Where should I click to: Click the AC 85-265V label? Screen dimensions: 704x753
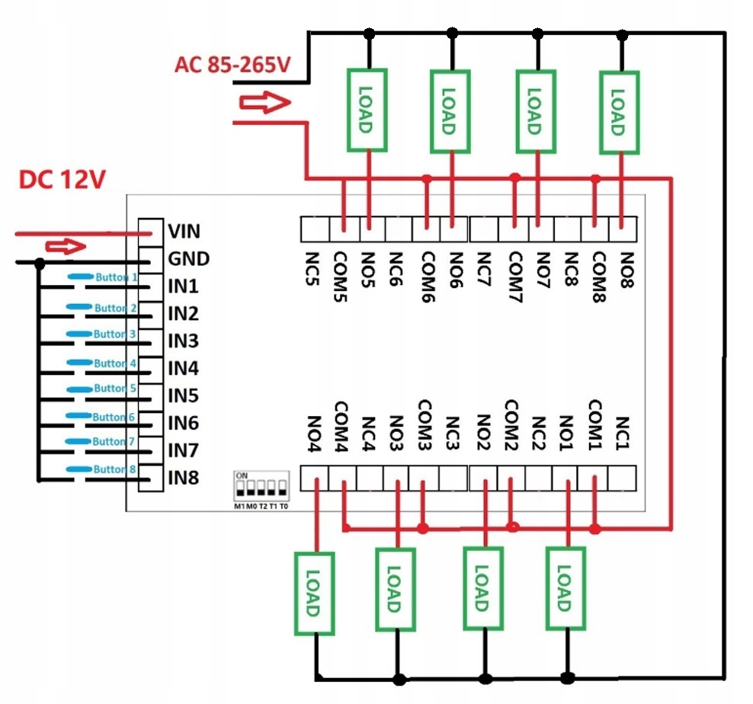pos(232,65)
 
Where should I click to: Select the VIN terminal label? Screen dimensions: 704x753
pos(184,231)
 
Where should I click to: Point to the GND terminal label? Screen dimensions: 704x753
pos(188,259)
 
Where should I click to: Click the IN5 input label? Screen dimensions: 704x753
pos(183,395)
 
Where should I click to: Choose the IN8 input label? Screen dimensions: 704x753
pos(183,478)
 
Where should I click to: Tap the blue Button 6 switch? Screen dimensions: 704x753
pos(103,417)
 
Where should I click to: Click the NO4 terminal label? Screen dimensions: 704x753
pos(312,434)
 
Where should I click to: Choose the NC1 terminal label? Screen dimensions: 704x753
pos(623,433)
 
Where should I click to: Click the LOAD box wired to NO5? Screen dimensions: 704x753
pos(367,110)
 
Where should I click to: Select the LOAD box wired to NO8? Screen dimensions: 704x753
pos(618,111)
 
